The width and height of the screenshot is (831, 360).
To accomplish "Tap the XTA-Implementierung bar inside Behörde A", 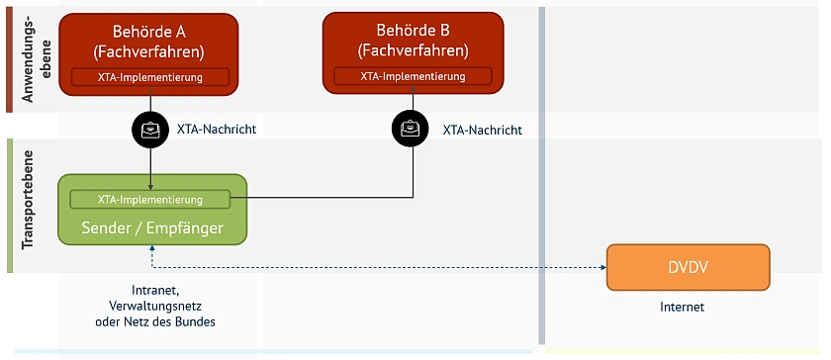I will pyautogui.click(x=149, y=76).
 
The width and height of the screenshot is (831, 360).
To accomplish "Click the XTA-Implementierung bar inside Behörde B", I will pyautogui.click(x=413, y=75).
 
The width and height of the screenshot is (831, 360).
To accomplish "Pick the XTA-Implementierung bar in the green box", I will pyautogui.click(x=149, y=199).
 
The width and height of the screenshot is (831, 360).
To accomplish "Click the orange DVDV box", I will pyautogui.click(x=688, y=267).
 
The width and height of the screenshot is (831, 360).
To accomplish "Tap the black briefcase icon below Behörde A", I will pyautogui.click(x=149, y=129).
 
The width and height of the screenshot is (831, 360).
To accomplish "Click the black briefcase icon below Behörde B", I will pyautogui.click(x=411, y=129).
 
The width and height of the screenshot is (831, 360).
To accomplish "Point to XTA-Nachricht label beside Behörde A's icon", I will pyautogui.click(x=217, y=129).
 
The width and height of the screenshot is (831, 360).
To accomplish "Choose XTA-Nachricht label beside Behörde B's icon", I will pyautogui.click(x=482, y=130).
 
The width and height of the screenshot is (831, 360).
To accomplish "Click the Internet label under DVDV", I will pyautogui.click(x=683, y=307).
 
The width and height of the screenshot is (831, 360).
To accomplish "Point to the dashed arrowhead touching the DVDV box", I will pyautogui.click(x=600, y=267).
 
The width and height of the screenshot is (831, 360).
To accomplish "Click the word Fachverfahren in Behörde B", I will pyautogui.click(x=422, y=49).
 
